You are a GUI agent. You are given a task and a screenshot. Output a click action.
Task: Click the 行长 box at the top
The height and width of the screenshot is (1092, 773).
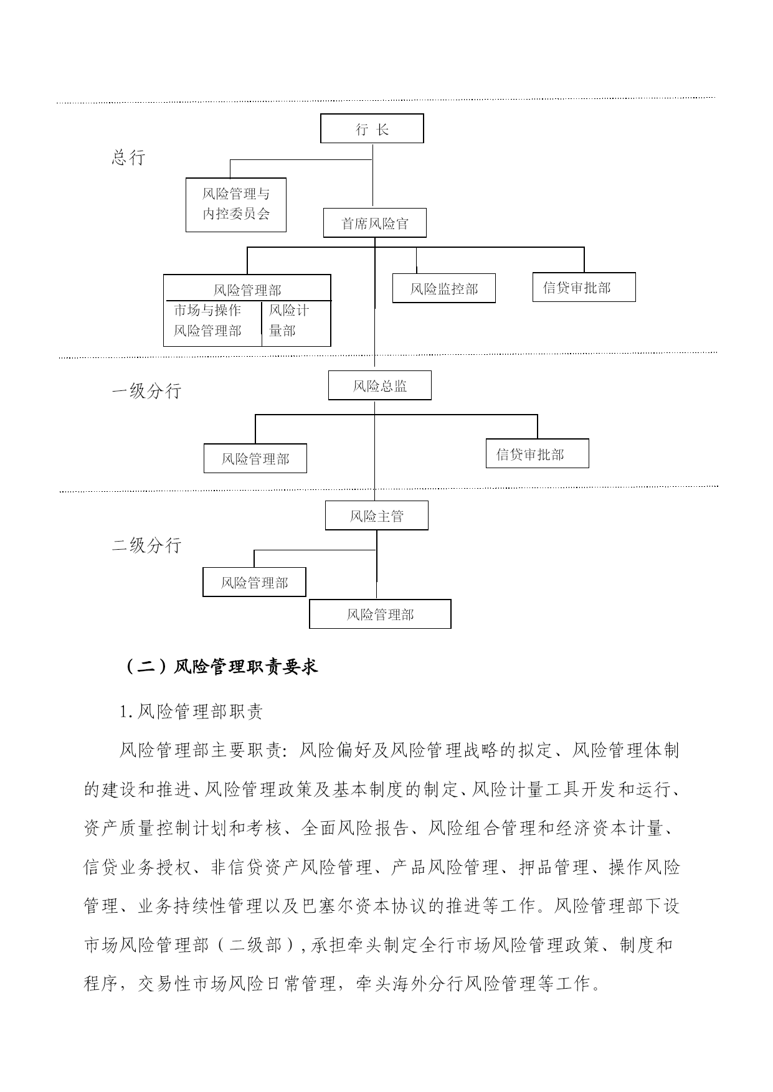372,128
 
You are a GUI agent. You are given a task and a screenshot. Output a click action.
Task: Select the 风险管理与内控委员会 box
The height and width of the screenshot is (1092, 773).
236,205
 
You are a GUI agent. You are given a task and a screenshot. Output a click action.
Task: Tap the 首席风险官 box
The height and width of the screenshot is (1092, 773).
375,223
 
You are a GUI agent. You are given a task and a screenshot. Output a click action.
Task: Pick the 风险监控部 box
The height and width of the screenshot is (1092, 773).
444,288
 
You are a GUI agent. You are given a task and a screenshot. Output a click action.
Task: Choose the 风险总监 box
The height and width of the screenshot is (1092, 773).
380,385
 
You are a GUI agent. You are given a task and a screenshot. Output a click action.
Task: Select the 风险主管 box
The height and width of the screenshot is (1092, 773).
377,515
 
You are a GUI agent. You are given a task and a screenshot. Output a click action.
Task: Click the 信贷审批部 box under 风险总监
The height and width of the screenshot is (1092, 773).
538,453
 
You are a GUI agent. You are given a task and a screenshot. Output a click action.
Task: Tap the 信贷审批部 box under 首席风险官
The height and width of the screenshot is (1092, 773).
584,287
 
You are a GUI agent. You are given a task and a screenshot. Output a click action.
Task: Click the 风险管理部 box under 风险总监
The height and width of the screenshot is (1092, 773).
255,458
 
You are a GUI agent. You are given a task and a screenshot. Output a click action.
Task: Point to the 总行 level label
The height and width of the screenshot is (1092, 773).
128,158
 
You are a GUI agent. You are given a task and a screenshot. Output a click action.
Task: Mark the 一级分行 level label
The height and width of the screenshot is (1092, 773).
146,391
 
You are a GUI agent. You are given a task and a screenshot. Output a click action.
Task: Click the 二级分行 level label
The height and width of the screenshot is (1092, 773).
146,545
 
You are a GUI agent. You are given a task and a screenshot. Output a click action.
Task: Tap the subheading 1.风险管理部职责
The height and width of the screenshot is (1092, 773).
191,712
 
